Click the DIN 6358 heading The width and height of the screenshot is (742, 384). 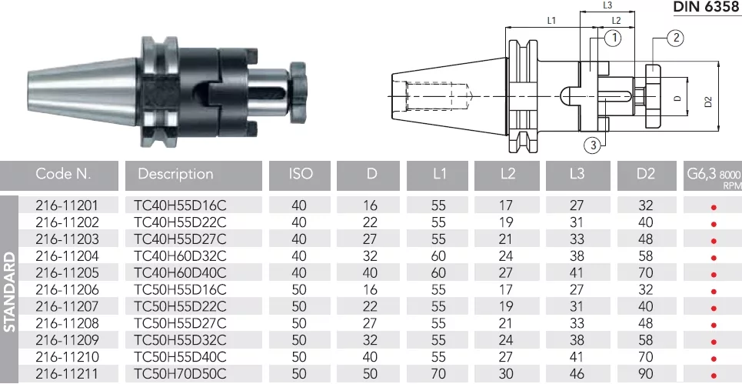tap(707, 7)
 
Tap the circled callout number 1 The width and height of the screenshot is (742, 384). tap(613, 38)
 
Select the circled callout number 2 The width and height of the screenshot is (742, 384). tap(676, 38)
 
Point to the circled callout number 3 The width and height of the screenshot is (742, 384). tap(592, 145)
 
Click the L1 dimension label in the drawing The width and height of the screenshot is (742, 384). tap(551, 20)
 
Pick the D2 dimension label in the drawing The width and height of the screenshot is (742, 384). tap(708, 102)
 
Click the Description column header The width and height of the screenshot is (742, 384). tap(175, 174)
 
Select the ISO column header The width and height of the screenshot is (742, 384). tap(301, 174)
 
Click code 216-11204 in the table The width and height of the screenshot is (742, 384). tap(67, 256)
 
